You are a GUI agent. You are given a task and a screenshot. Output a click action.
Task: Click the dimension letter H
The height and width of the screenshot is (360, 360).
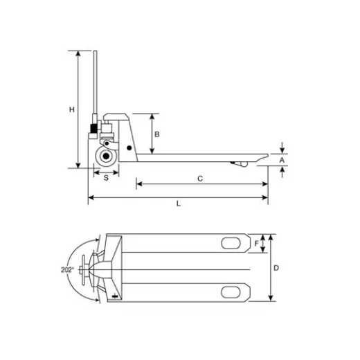tap(71, 109)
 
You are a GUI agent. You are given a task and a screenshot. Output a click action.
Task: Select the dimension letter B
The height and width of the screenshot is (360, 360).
tap(157, 134)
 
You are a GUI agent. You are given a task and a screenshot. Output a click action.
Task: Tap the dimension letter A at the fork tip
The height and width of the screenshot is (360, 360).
tap(282, 159)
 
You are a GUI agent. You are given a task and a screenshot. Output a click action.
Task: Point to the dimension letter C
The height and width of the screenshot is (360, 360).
tap(199, 179)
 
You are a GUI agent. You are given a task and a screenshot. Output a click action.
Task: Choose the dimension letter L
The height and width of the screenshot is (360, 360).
tap(179, 204)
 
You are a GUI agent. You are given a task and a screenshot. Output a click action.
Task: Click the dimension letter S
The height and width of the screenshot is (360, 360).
tap(106, 178)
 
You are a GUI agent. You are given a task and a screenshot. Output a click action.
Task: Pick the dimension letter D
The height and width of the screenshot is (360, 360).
tap(276, 267)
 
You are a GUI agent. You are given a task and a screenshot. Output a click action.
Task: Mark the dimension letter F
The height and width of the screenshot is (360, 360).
tap(257, 244)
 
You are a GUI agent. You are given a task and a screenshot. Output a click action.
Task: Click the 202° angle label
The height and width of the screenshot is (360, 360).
tap(69, 271)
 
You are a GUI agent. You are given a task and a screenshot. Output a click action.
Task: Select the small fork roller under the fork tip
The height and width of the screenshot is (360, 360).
tap(242, 163)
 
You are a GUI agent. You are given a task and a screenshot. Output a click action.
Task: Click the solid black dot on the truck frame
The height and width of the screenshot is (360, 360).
tap(129, 148)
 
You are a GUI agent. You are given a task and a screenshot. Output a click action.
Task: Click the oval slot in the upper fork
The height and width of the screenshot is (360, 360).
tap(235, 243)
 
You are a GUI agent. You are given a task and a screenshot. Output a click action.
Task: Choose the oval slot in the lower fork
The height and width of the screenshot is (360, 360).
tap(235, 291)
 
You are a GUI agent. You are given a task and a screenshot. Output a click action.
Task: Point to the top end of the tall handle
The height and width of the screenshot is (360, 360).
tap(96, 51)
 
